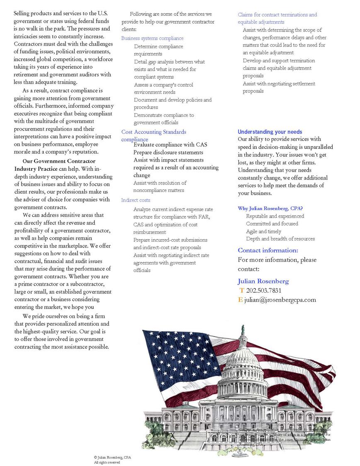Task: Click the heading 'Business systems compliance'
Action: coord(152,38)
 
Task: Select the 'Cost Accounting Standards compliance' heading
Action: coord(153,132)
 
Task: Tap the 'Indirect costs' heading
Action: coord(136,200)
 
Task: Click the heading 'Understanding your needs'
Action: coord(270,132)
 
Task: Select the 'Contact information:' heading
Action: coord(268,250)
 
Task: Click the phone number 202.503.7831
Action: coord(264,290)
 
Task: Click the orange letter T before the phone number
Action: coord(242,290)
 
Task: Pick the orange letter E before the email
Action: coord(241,300)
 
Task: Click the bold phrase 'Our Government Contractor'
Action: coord(59,161)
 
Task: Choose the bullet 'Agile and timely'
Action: coord(263,231)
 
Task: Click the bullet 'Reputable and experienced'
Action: coord(275,216)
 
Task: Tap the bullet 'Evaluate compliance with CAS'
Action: coord(170,145)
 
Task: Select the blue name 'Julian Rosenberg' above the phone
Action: coord(263,281)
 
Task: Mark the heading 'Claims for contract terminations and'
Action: coord(277,15)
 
